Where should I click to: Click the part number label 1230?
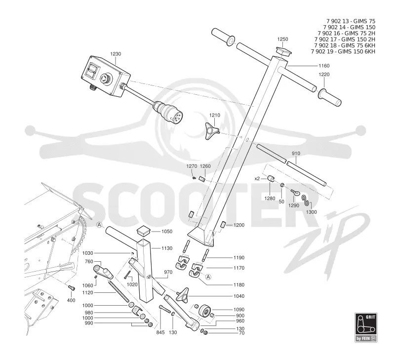[x=116, y=54]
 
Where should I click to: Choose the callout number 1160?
[x=324, y=66]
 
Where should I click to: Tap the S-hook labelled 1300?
[x=305, y=200]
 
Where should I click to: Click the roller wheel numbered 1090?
[x=205, y=312]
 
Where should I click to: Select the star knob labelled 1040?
[x=183, y=294]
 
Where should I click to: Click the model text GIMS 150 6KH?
[x=356, y=51]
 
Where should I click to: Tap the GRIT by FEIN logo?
[x=366, y=327]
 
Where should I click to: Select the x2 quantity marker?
[x=257, y=179]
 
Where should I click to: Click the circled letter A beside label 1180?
[x=208, y=277]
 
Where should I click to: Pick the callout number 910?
[x=296, y=154]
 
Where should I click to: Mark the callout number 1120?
[x=88, y=293]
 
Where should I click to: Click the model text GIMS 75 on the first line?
[x=364, y=21]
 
